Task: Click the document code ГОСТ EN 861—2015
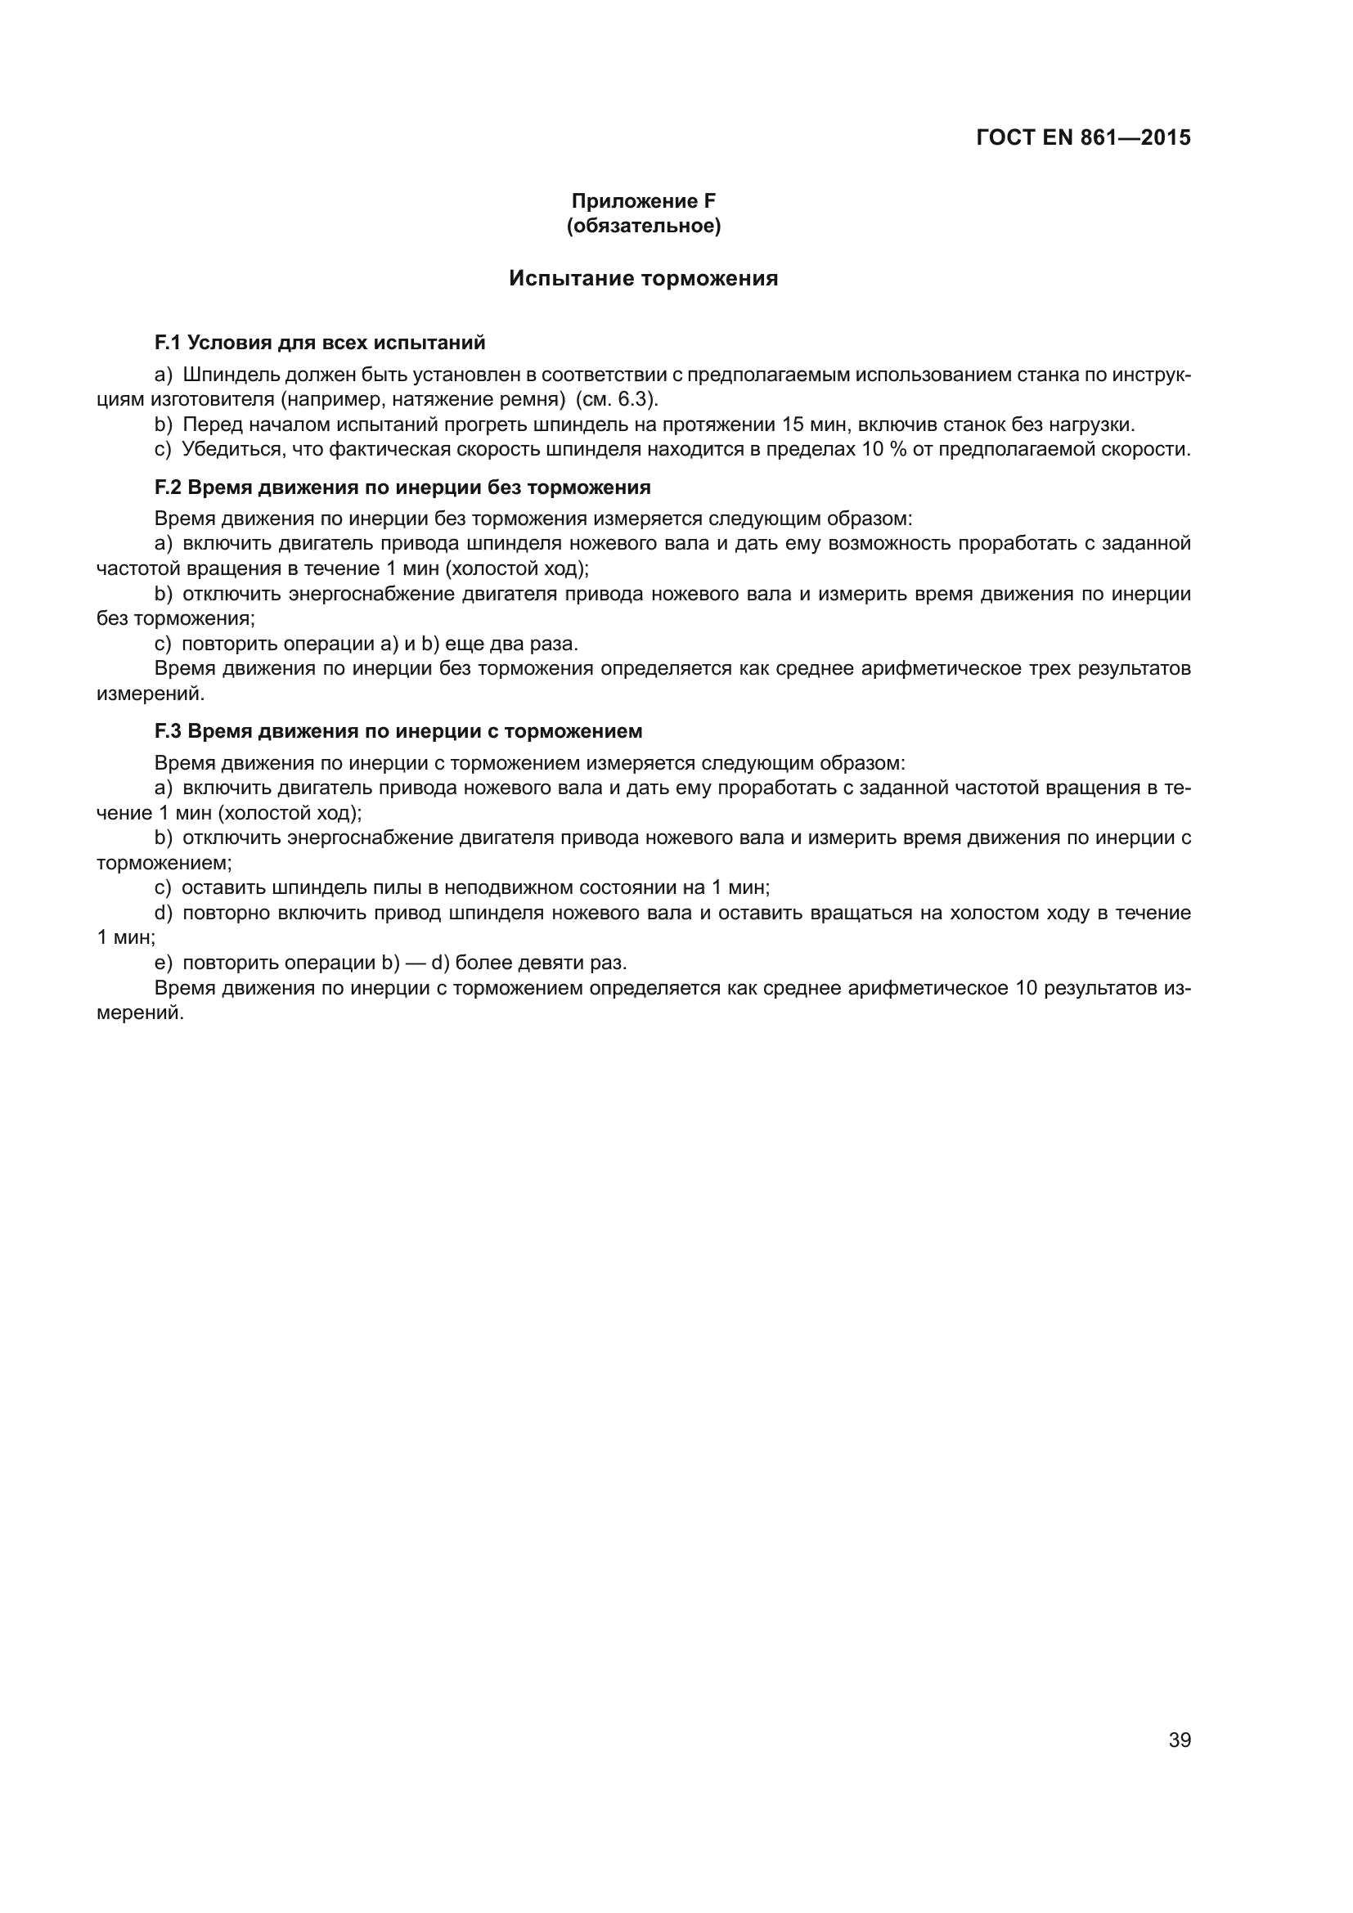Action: click(x=1082, y=137)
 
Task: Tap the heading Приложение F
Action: click(x=643, y=201)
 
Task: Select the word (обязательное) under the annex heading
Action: click(x=643, y=226)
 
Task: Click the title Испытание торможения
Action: click(x=643, y=278)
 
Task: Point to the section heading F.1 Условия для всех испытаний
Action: click(x=320, y=343)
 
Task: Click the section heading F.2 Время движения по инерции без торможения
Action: click(x=402, y=487)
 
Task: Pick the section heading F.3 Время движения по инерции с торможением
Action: click(x=398, y=730)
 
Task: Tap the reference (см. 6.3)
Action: click(x=617, y=399)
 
